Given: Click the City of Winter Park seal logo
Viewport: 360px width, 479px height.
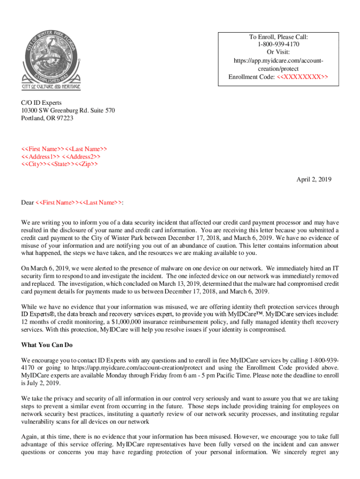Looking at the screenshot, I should point(51,56).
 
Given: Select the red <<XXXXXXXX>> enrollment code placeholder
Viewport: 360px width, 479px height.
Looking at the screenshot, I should point(302,77).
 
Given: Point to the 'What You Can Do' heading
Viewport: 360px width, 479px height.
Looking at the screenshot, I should point(47,345).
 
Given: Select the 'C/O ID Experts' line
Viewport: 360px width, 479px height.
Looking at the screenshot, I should point(41,102).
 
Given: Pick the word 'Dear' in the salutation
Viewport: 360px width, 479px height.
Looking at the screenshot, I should point(28,203).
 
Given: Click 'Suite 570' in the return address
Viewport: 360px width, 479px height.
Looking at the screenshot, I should point(101,110).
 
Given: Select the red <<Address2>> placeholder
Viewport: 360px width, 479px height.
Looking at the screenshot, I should point(81,156).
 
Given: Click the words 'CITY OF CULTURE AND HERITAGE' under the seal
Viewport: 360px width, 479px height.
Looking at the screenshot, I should point(51,87).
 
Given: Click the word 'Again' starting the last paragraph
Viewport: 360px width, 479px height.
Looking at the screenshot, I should point(30,436).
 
